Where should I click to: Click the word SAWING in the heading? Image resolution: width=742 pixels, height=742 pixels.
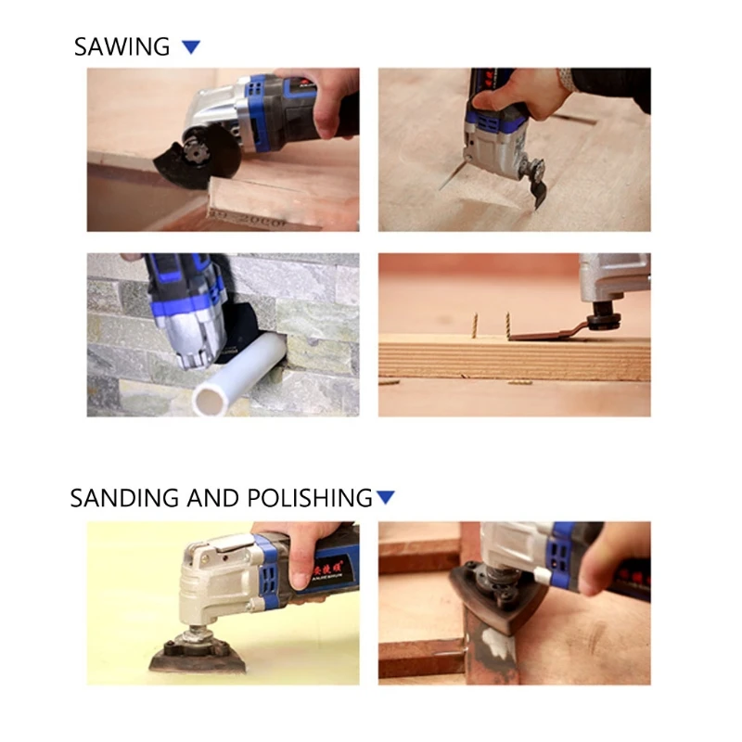tap(122, 46)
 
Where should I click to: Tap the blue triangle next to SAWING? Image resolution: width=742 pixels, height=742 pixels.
tap(191, 46)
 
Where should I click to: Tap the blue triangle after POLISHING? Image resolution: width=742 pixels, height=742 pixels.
tap(386, 497)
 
